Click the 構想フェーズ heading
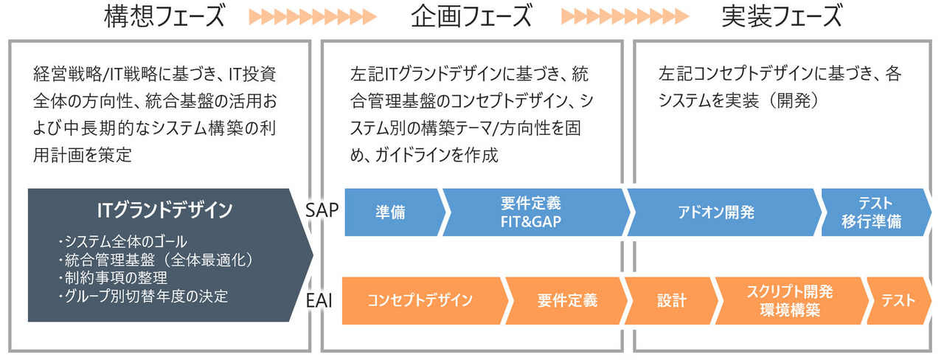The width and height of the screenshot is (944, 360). click(164, 17)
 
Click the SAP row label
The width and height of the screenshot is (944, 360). click(322, 211)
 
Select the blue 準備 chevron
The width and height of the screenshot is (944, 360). click(391, 212)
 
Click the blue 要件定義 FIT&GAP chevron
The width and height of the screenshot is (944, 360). click(531, 212)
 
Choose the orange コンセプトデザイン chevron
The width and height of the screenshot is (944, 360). click(420, 300)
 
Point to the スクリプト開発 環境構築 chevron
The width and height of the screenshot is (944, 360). click(789, 300)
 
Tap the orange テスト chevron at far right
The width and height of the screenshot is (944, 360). click(898, 300)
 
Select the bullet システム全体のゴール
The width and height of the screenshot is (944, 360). click(122, 241)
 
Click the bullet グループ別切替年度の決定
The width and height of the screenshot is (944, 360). click(142, 297)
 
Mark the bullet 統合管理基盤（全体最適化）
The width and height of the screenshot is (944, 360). click(155, 260)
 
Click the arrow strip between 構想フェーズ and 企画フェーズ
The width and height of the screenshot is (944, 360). click(313, 17)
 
